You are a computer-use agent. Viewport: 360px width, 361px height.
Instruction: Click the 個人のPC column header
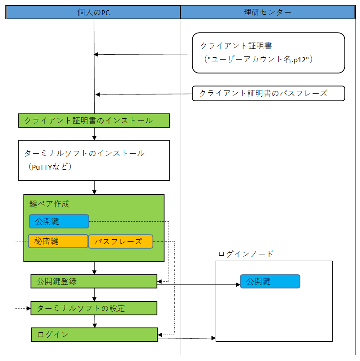tap(93, 13)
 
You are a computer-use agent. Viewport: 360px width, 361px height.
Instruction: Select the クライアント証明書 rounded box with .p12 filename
tap(268, 52)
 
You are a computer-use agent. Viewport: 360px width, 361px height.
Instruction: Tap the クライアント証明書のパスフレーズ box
tap(268, 93)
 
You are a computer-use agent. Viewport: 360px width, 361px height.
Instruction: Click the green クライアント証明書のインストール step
tap(94, 120)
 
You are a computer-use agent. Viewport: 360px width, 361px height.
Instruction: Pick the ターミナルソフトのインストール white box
tap(94, 160)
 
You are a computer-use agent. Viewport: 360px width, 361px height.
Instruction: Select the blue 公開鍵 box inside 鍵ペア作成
tap(59, 221)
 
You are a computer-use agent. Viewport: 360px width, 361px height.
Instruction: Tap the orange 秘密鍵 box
tap(58, 241)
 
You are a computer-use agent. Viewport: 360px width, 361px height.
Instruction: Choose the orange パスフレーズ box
tap(120, 241)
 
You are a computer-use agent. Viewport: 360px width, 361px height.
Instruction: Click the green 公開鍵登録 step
tap(94, 281)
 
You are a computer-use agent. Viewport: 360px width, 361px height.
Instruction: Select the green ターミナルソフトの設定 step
tap(94, 308)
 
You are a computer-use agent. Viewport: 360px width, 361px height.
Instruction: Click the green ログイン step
tap(94, 335)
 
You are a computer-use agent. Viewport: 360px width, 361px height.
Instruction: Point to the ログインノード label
tap(245, 254)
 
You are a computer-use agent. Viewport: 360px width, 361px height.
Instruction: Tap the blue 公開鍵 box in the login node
tap(270, 281)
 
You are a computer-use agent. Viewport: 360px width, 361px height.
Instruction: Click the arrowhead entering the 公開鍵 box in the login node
tap(237, 284)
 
